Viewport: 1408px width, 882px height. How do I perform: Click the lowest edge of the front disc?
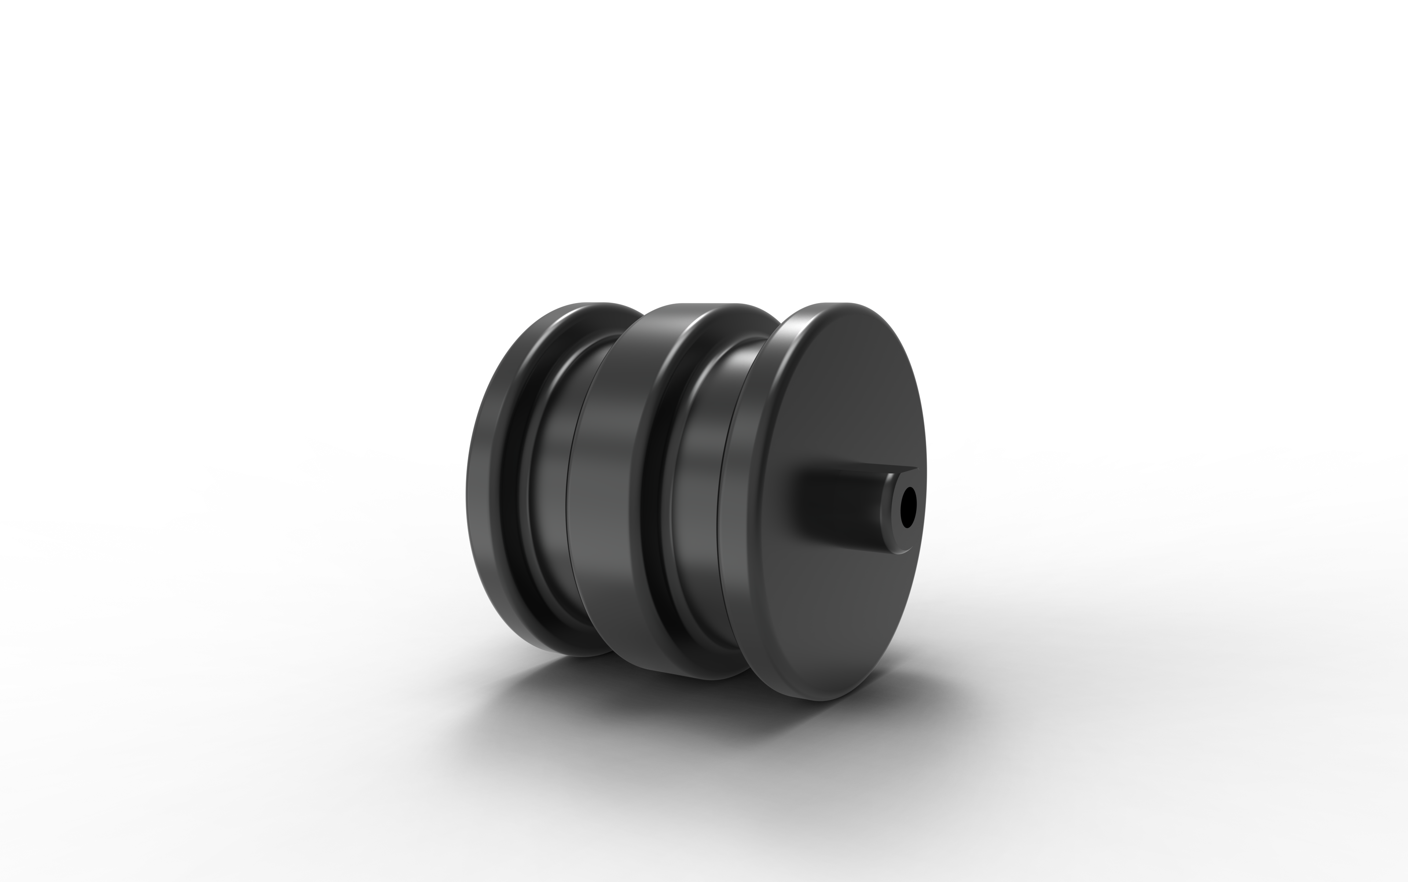click(820, 699)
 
